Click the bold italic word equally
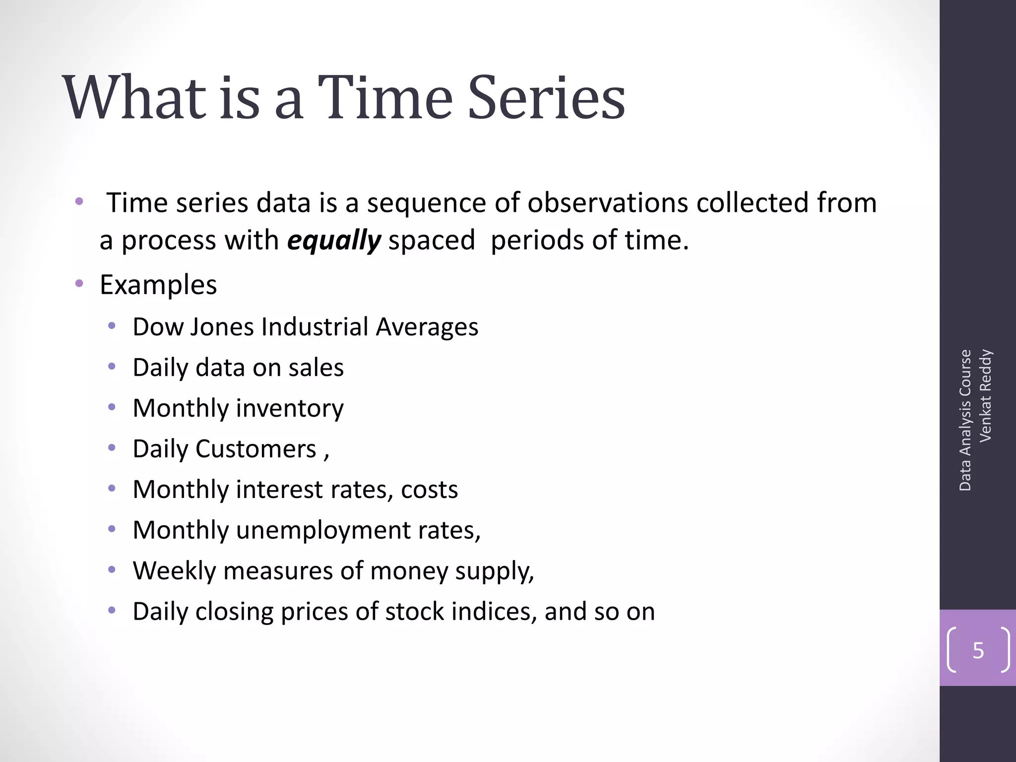click(334, 241)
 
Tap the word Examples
click(158, 285)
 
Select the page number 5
click(978, 650)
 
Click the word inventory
click(290, 409)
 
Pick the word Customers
click(255, 449)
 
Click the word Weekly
click(174, 571)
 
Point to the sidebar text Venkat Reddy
click(986, 395)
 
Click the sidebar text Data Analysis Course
click(965, 420)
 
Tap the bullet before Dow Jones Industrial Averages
click(112, 326)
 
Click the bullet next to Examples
click(79, 284)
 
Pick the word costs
click(429, 490)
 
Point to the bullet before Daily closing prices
click(112, 610)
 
